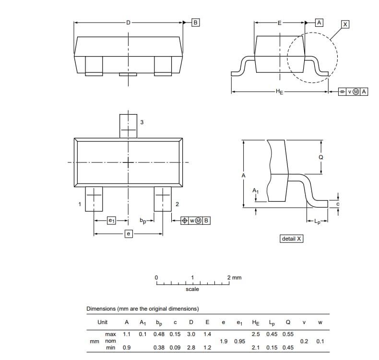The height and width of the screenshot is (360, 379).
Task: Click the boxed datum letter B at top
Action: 195,22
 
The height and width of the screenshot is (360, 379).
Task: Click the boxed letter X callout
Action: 345,24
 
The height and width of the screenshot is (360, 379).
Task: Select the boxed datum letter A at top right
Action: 319,22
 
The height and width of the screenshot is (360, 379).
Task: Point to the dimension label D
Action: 128,22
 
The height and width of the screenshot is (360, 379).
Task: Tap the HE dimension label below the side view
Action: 279,92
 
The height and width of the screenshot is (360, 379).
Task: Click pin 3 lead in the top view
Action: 128,126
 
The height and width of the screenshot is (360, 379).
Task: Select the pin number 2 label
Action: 177,205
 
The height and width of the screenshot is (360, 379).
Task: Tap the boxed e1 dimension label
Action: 111,221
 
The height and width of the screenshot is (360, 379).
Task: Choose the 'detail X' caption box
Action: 292,238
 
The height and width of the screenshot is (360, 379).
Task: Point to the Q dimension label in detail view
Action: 321,157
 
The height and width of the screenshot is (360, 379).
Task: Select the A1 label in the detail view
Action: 256,191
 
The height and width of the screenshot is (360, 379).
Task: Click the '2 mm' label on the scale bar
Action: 234,278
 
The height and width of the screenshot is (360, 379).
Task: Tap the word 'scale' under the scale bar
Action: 192,289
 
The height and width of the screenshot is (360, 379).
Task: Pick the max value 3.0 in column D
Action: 191,334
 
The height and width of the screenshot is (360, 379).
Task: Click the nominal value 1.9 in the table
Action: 224,341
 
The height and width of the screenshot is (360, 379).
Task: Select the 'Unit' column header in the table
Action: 103,322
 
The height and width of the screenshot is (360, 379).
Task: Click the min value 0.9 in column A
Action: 127,348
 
